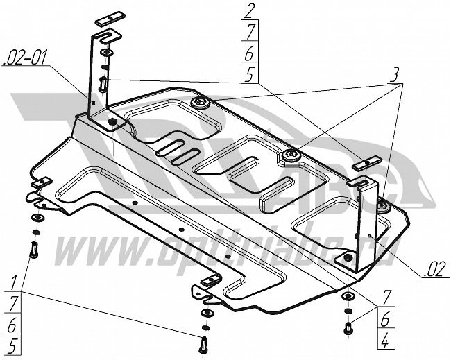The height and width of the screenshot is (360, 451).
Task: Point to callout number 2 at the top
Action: click(248, 10)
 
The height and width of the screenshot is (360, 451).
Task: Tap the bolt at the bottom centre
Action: click(204, 343)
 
